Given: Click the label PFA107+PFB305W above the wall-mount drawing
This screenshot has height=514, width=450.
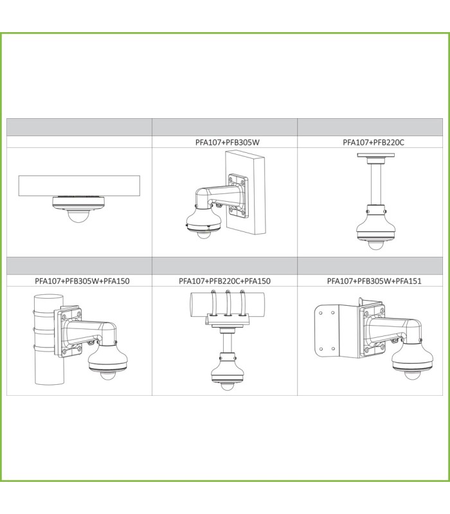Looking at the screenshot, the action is [x=228, y=142].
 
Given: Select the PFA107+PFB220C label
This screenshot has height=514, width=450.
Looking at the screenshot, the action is [x=373, y=142].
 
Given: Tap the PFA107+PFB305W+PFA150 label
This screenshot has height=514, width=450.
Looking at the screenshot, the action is [x=82, y=281].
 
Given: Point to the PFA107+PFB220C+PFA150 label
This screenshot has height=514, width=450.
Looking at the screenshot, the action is [x=224, y=281].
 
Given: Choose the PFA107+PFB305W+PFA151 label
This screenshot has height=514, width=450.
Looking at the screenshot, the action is [x=374, y=281].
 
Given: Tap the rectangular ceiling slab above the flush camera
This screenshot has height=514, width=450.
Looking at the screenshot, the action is [x=79, y=186].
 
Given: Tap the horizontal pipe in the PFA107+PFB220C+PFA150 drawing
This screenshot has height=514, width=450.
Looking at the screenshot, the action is [x=228, y=304].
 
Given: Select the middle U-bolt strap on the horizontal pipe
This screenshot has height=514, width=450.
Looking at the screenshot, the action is [x=228, y=303].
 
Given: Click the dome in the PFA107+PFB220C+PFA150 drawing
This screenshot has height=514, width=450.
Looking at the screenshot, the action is [x=226, y=386].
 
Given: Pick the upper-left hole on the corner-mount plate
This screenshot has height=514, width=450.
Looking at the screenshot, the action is [x=321, y=313].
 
